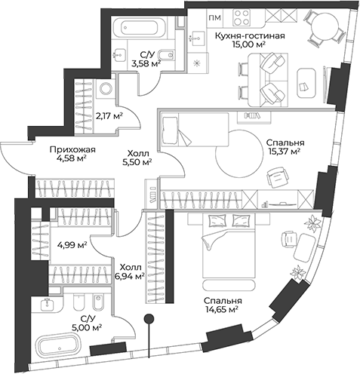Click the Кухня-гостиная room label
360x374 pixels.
[x=250, y=35]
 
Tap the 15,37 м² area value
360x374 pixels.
[x=285, y=152]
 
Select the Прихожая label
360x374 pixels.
[x=72, y=150]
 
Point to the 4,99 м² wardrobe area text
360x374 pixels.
[x=72, y=244]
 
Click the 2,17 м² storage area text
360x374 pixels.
[x=109, y=116]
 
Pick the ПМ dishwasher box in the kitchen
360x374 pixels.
[x=215, y=18]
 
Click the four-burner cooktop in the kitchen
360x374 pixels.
[x=242, y=17]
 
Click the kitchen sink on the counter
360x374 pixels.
[x=197, y=38]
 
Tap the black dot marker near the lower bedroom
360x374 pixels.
[x=149, y=318]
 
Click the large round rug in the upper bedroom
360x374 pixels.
[x=238, y=153]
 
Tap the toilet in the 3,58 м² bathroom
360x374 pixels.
[x=167, y=55]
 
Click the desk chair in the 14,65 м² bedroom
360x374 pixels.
[x=288, y=241]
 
